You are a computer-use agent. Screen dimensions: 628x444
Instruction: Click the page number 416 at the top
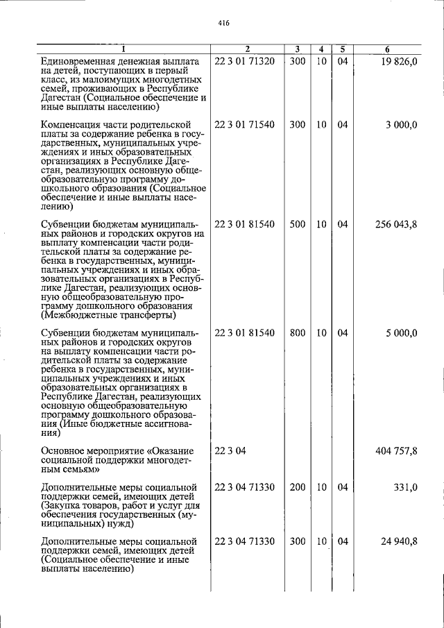pos(223,23)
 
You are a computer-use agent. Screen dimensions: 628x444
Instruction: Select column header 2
pos(248,49)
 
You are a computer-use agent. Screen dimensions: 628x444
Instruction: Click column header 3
pos(297,49)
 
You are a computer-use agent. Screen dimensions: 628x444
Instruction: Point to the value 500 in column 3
pos(297,225)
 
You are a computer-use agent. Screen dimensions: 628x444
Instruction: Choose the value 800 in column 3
pos(297,333)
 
